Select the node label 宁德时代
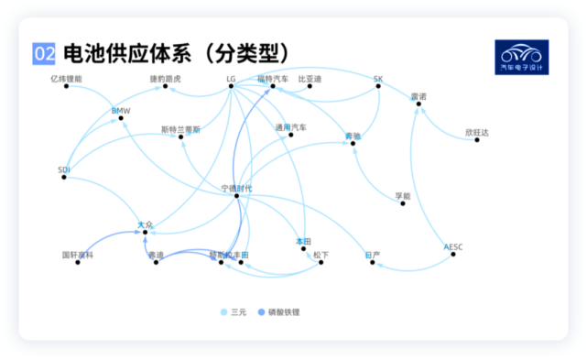coord(236,188)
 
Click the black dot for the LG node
coord(232,88)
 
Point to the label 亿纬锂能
coord(66,79)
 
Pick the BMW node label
coord(122,111)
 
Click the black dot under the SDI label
coord(64,177)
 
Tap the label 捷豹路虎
coord(166,79)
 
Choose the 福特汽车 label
coord(272,79)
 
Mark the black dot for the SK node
coord(376,88)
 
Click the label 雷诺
coord(419,95)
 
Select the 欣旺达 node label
coord(477,133)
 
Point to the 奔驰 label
coord(353,136)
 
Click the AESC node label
coord(453,245)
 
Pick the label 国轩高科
coord(78,254)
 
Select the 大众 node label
coord(145,224)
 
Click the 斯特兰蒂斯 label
coord(180,129)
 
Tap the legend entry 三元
coord(234,312)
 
